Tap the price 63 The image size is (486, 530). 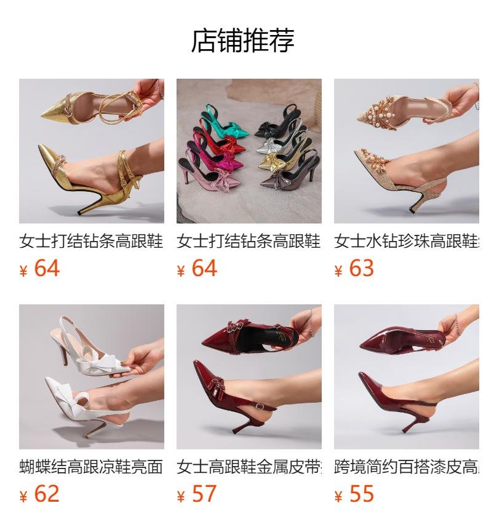point(361,269)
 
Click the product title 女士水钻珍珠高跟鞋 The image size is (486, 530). point(406,241)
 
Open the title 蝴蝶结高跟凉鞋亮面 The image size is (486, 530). point(91,467)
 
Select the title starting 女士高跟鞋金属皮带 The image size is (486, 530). point(249,467)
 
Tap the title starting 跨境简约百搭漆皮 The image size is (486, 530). point(406,467)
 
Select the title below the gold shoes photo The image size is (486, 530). point(91,241)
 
